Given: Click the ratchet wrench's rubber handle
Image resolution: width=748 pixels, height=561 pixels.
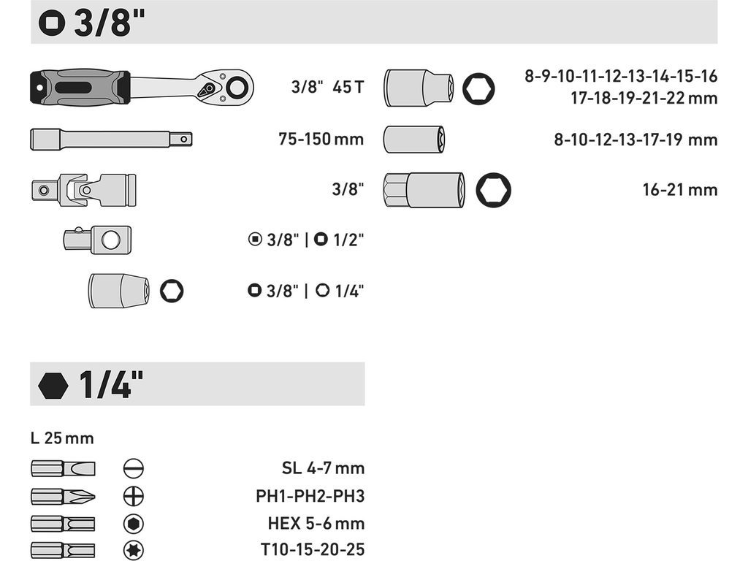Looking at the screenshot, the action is coord(80,87).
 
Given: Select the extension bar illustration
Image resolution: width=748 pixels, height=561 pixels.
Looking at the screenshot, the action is coord(111,140).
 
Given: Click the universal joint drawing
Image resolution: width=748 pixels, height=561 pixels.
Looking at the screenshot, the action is coord(84,190).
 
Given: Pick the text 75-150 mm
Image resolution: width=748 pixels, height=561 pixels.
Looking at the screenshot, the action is coord(321,140).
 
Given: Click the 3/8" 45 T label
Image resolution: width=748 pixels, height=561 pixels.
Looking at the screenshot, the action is coord(328,88).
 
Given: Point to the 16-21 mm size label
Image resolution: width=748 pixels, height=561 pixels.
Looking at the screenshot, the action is coord(680,190).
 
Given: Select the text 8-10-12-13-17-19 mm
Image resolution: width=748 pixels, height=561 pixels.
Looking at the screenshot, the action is coord(636,140).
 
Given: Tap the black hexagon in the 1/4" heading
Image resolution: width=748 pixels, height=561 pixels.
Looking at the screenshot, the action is coord(53,386).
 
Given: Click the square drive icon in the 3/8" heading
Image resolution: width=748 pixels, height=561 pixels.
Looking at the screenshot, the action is coord(52,23).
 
